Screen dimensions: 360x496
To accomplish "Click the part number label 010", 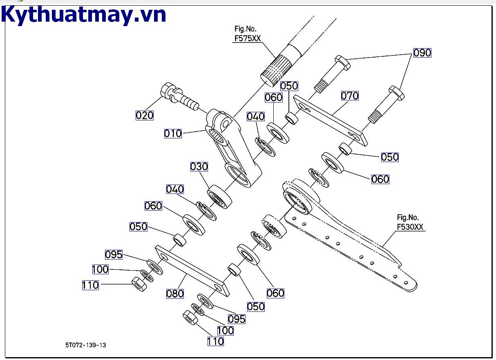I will [173, 133].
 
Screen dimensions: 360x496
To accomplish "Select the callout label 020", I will [145, 116].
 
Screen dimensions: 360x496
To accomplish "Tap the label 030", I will [199, 167].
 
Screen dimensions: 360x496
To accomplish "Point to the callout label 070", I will [350, 96].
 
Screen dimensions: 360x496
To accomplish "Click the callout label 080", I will [175, 293].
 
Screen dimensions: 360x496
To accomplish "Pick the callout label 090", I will [422, 53].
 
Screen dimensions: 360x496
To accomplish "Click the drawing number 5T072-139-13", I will [85, 345].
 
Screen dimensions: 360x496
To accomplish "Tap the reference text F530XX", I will [410, 227].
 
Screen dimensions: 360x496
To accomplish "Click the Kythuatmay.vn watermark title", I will [84, 15].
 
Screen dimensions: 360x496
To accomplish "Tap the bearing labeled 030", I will [219, 196].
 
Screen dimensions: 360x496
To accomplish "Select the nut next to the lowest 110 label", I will [191, 318].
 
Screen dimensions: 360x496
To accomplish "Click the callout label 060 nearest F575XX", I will [273, 98].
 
